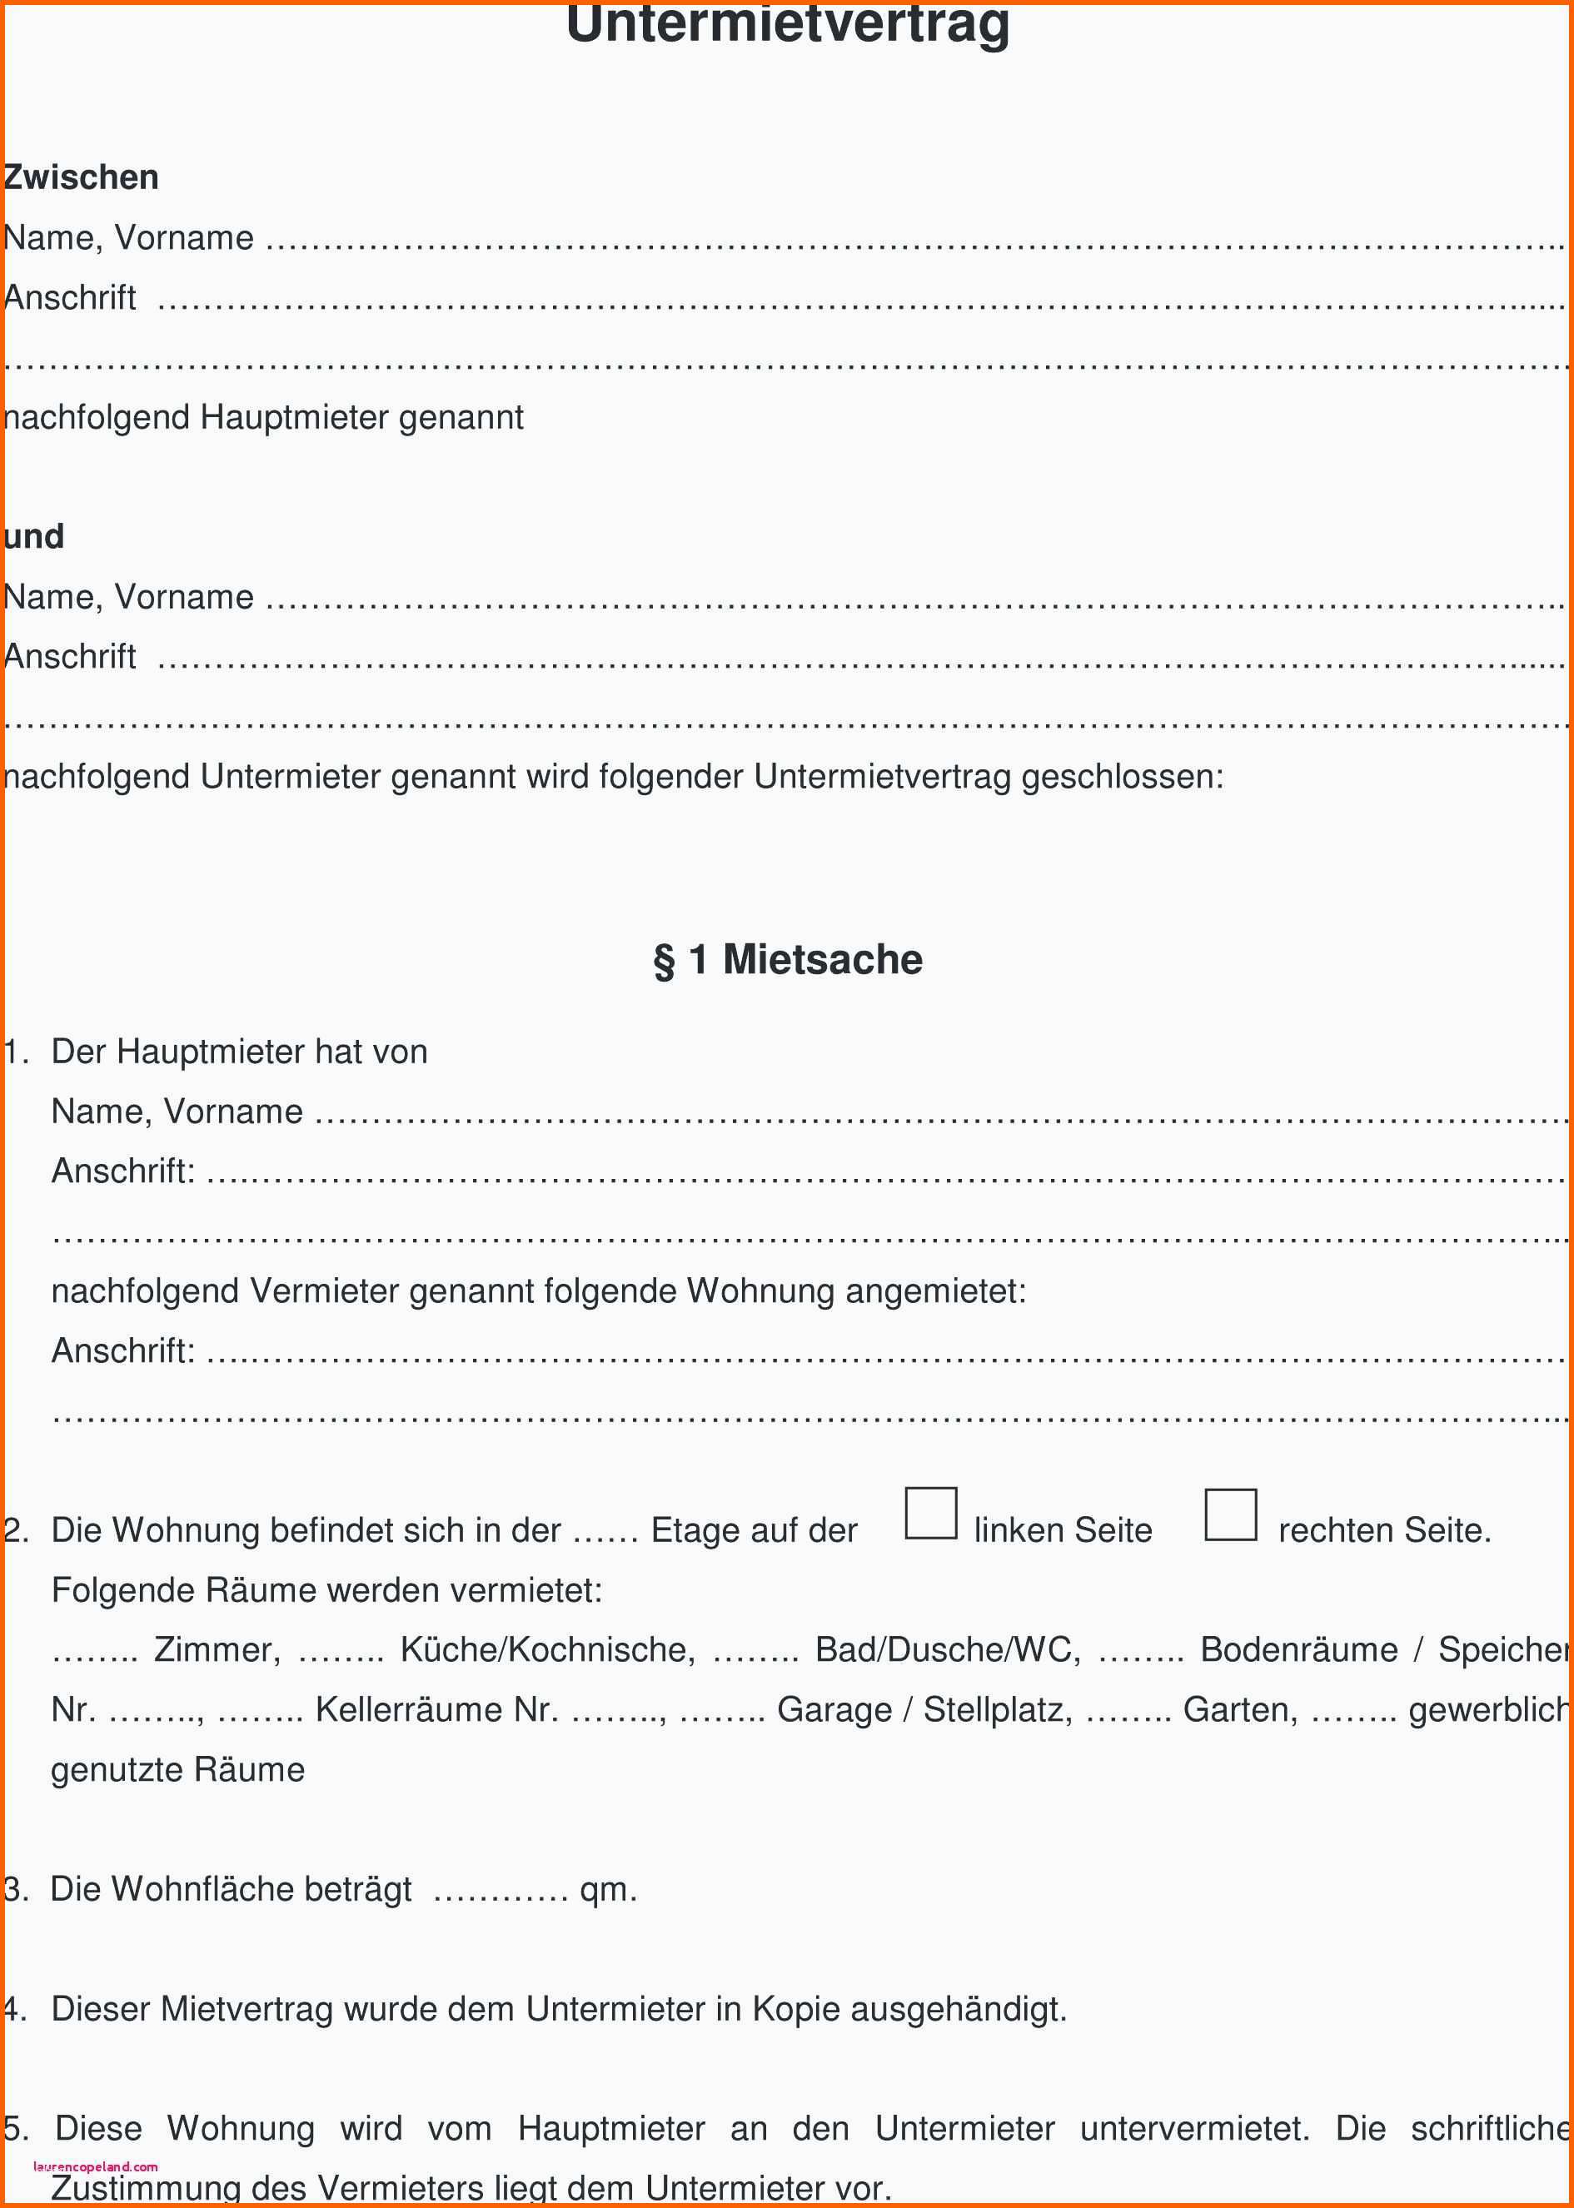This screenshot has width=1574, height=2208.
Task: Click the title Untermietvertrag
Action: [787, 23]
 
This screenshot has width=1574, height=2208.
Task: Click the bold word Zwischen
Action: [82, 177]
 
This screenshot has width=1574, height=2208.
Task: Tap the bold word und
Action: [34, 536]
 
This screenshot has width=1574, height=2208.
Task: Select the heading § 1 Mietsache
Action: [787, 959]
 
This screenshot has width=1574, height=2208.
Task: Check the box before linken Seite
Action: [930, 1514]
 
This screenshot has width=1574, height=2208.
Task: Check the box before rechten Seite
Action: [1230, 1514]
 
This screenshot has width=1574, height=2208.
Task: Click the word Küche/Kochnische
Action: [548, 1649]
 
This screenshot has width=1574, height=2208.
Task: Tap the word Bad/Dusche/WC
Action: [947, 1649]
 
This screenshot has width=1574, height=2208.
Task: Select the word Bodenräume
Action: [1298, 1649]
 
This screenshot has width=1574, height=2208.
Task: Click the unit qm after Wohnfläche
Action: [607, 1889]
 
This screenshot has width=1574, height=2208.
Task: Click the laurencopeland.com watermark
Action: [95, 2166]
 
